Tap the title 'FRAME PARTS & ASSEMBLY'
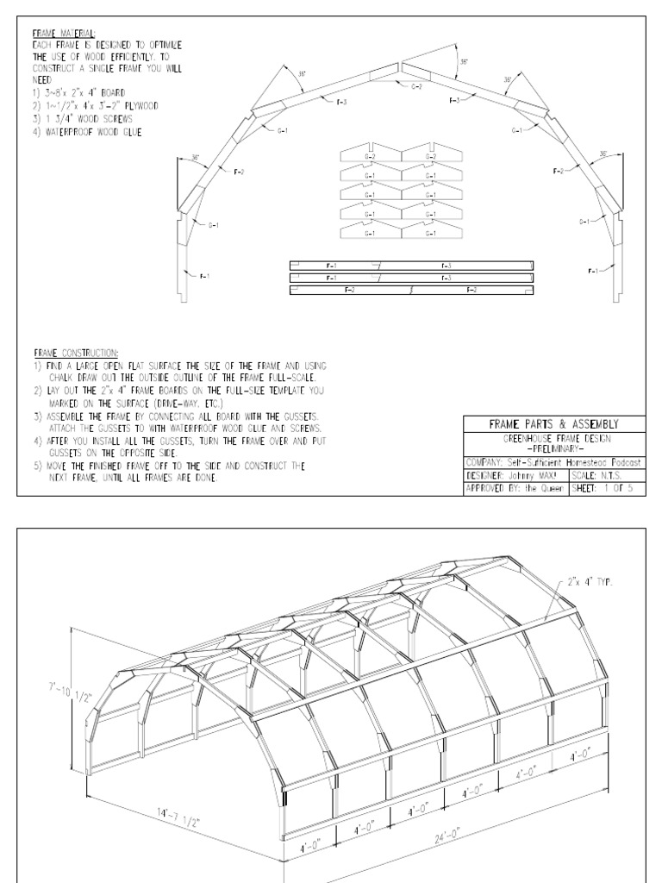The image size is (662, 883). [x=554, y=423]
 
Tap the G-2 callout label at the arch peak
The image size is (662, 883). [x=415, y=87]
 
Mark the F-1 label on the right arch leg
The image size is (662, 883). [x=595, y=272]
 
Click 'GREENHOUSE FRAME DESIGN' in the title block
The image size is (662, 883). [x=554, y=438]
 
